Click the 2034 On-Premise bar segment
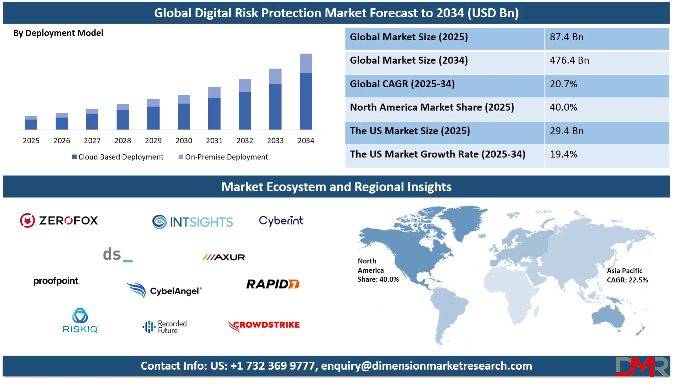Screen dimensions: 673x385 click(306, 63)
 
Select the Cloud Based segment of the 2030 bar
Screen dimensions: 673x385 click(184, 117)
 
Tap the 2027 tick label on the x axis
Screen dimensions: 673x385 click(92, 141)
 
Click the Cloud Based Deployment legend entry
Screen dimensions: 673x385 click(118, 157)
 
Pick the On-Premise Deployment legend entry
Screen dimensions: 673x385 click(223, 157)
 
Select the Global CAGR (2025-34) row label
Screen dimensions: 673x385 click(402, 84)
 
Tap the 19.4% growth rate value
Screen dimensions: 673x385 click(563, 154)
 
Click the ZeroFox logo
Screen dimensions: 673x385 click(59, 220)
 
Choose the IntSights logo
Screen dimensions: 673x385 click(193, 222)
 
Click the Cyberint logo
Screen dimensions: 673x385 click(281, 221)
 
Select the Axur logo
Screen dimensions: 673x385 click(224, 257)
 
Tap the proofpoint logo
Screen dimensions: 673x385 click(56, 281)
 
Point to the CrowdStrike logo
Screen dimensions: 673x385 click(264, 326)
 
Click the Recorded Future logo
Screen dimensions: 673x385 click(165, 327)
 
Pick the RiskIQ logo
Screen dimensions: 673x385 click(80, 320)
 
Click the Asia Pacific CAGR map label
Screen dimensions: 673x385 click(627, 275)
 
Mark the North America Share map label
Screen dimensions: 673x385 click(378, 270)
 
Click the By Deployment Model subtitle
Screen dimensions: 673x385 click(58, 33)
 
